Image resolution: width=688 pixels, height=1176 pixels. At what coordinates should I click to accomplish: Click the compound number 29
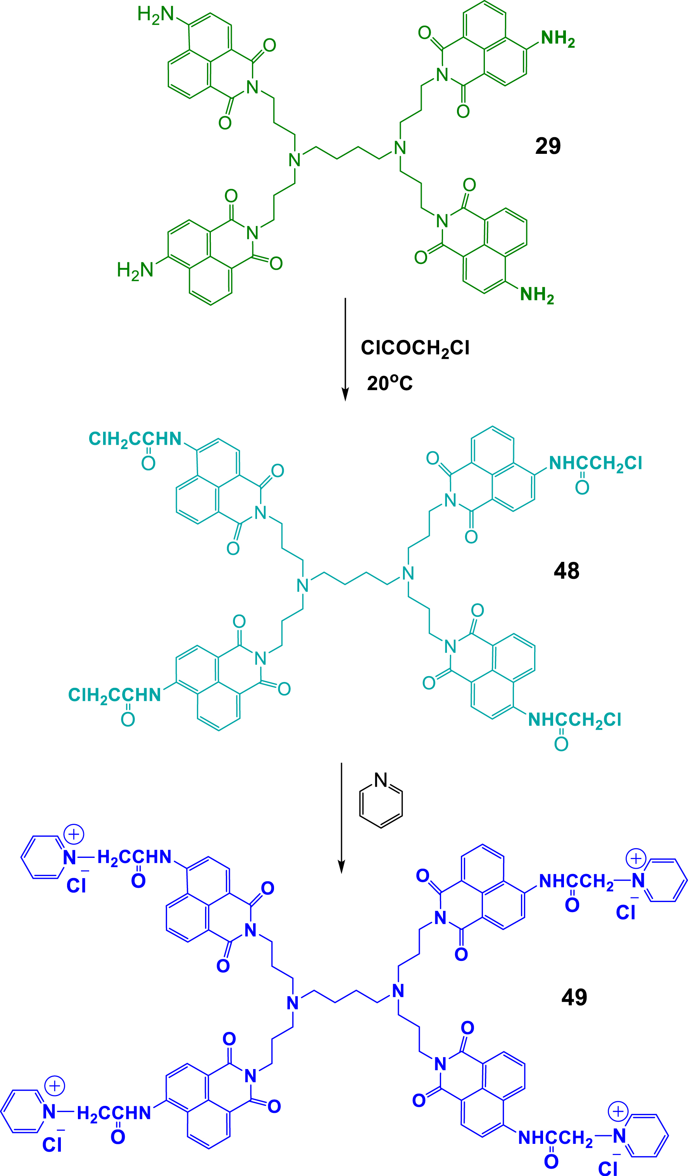tap(548, 146)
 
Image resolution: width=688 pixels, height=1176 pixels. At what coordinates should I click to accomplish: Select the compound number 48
tap(566, 571)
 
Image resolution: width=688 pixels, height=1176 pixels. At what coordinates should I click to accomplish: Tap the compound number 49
tap(574, 997)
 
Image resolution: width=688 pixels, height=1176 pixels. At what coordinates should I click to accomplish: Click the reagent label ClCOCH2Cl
tap(415, 349)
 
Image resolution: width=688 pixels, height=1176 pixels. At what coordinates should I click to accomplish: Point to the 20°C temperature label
tap(390, 383)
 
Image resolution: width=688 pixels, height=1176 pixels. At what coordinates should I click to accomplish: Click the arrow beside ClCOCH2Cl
tap(345, 349)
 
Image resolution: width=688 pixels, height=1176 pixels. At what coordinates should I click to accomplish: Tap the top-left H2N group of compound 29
tap(155, 15)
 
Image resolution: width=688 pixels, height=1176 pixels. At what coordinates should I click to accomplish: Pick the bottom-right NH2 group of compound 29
tap(537, 295)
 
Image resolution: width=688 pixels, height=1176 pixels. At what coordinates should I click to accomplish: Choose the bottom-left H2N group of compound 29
tap(135, 271)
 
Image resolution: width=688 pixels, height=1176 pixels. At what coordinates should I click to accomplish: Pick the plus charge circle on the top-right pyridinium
tap(636, 858)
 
